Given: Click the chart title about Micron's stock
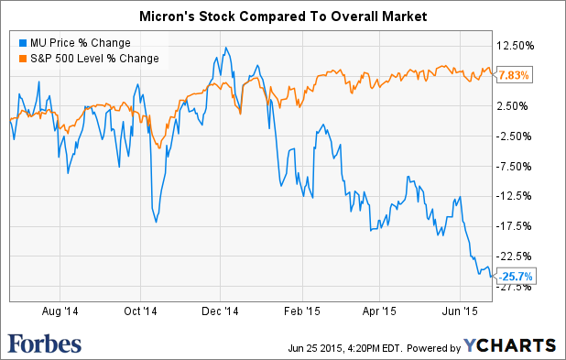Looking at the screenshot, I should tap(282, 16).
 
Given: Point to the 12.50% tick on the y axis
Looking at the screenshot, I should tap(516, 46).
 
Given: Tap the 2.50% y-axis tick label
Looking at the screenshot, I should tap(516, 106).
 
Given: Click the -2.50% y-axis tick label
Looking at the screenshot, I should tap(516, 136).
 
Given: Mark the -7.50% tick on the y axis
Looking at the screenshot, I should tap(516, 167).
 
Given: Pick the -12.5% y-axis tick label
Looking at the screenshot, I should tap(516, 196).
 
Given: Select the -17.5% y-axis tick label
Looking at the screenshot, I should tap(516, 226).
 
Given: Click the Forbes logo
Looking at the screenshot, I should tap(45, 344).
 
